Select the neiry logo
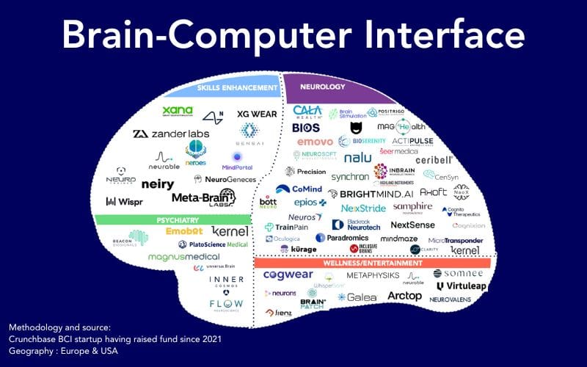(x=157, y=184)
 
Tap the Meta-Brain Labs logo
(x=203, y=197)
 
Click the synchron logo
(x=350, y=177)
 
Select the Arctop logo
(x=404, y=296)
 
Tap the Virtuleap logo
(x=460, y=286)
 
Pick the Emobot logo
(x=184, y=231)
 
